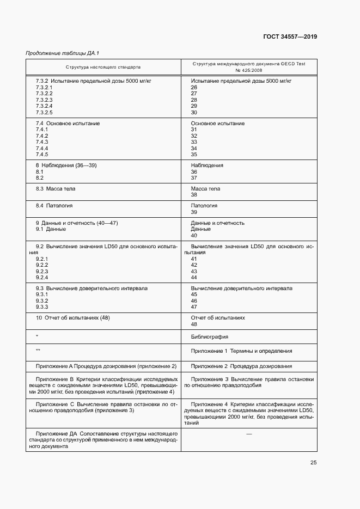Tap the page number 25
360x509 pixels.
click(x=314, y=463)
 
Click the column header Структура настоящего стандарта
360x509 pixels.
click(x=103, y=67)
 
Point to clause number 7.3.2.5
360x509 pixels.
click(x=44, y=112)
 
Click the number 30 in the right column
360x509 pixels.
click(x=194, y=112)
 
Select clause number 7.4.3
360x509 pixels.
click(x=42, y=142)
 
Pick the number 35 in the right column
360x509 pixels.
click(x=194, y=155)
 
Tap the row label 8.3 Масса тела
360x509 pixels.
click(x=56, y=189)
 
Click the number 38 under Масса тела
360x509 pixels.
click(x=194, y=195)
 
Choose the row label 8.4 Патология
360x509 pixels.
click(x=54, y=206)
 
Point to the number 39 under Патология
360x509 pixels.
click(x=194, y=212)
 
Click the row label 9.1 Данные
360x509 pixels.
click(x=51, y=229)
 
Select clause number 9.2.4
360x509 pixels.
click(x=42, y=278)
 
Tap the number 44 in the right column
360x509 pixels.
click(x=194, y=278)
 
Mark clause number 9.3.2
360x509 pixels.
click(x=42, y=301)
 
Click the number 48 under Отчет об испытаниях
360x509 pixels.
click(x=194, y=324)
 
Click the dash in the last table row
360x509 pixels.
click(x=249, y=433)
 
